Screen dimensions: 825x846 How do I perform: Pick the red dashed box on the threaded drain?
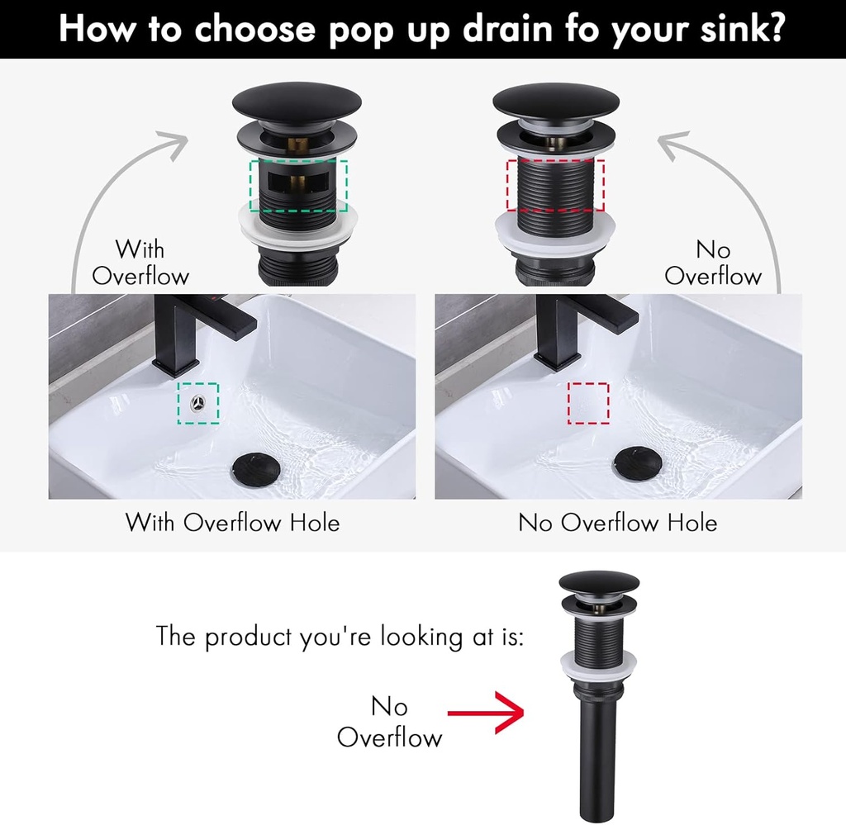pos(555,185)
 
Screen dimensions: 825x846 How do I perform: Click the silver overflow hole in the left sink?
pos(198,403)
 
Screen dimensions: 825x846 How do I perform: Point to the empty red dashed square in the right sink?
pos(588,403)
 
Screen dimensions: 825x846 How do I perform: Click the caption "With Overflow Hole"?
pos(232,523)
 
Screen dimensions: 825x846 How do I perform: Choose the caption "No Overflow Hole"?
pos(617,523)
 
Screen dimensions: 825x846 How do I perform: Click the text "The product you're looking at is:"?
pos(340,638)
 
